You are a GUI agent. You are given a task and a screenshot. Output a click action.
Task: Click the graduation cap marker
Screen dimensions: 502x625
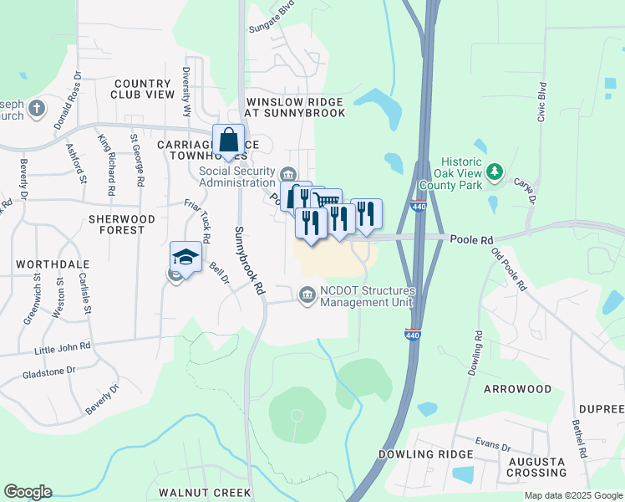point(185,256)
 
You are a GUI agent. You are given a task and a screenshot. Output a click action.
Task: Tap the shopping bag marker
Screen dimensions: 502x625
point(228,140)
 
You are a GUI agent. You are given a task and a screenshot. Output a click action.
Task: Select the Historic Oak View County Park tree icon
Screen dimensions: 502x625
point(495,172)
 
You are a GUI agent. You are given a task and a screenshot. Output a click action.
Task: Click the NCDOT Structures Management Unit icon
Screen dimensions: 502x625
point(307,295)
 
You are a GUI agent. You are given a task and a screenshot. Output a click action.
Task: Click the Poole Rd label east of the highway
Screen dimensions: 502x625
point(471,240)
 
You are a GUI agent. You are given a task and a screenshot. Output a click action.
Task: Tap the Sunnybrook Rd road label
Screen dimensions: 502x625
point(249,261)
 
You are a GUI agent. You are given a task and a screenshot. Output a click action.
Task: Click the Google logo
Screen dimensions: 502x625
point(28,492)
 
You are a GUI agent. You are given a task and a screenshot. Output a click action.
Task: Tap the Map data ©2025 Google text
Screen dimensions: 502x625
point(573,495)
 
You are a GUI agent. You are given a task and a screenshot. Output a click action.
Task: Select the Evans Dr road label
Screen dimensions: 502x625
point(494,444)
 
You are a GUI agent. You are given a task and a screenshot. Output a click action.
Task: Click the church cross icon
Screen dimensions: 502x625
point(36,108)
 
